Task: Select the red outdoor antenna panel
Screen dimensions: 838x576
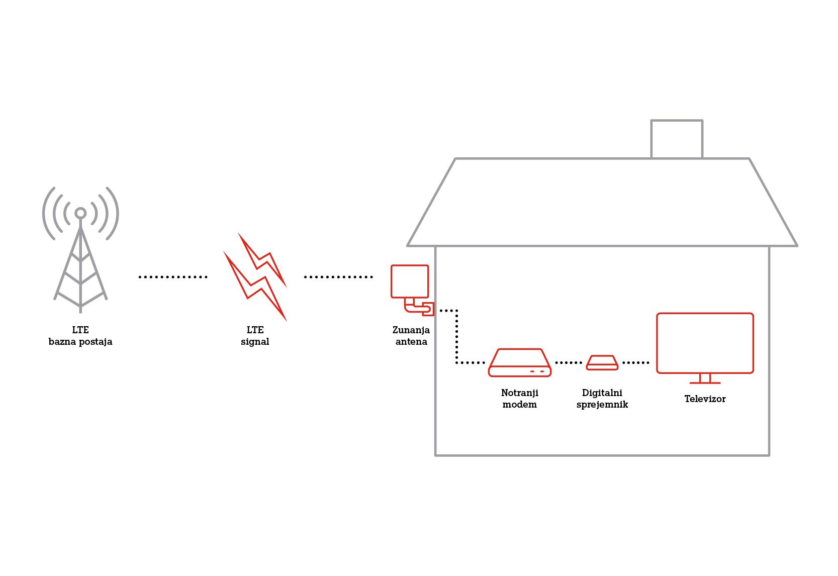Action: pos(410,281)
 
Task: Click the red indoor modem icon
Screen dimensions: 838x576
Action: pos(520,363)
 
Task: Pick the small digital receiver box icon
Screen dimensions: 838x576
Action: pos(602,363)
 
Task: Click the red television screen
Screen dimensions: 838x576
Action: pos(705,343)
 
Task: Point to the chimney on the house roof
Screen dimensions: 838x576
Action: pos(677,139)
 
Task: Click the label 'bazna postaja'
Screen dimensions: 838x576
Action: pos(80,342)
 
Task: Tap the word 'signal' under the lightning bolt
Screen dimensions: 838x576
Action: pos(255,342)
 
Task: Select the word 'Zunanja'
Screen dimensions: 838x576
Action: pos(411,330)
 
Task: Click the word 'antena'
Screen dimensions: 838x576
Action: pos(411,342)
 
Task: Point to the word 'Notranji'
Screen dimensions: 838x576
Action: pos(520,393)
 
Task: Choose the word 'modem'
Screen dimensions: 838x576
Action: pos(520,405)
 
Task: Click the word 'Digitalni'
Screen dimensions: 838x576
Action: pos(602,393)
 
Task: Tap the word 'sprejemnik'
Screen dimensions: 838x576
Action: pos(602,405)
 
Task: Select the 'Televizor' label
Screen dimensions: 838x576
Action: pos(705,399)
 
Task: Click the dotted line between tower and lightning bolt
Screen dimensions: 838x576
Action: pos(173,277)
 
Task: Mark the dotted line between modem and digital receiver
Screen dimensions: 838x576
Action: pos(569,363)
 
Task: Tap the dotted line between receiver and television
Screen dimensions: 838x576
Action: pos(635,363)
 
